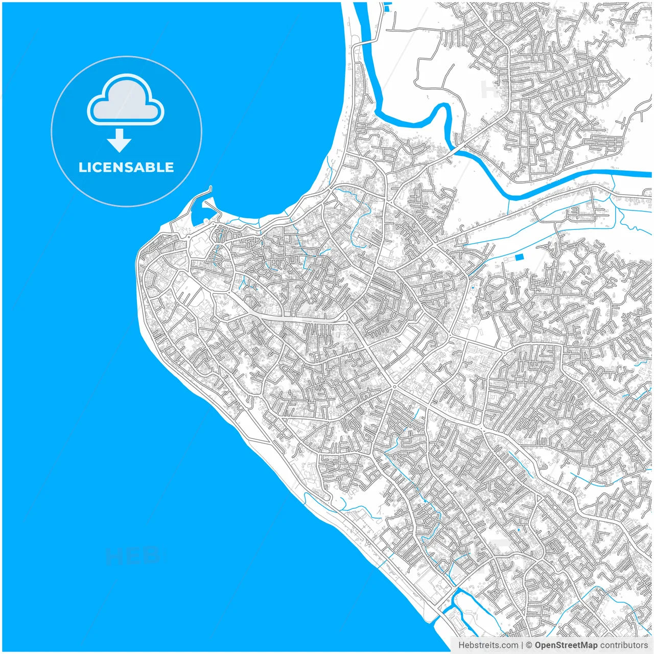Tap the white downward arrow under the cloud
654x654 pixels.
click(120, 141)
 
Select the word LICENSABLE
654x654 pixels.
click(126, 167)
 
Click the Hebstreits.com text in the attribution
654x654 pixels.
click(488, 645)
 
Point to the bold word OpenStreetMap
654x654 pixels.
click(566, 645)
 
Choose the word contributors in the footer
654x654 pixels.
click(623, 645)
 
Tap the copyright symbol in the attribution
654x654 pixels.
click(529, 645)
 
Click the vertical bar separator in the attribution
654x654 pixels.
click(522, 645)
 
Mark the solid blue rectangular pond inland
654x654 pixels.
click(520, 257)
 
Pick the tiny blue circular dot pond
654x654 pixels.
click(473, 288)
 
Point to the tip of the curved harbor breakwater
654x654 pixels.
click(210, 188)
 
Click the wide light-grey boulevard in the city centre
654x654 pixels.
click(301, 318)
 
